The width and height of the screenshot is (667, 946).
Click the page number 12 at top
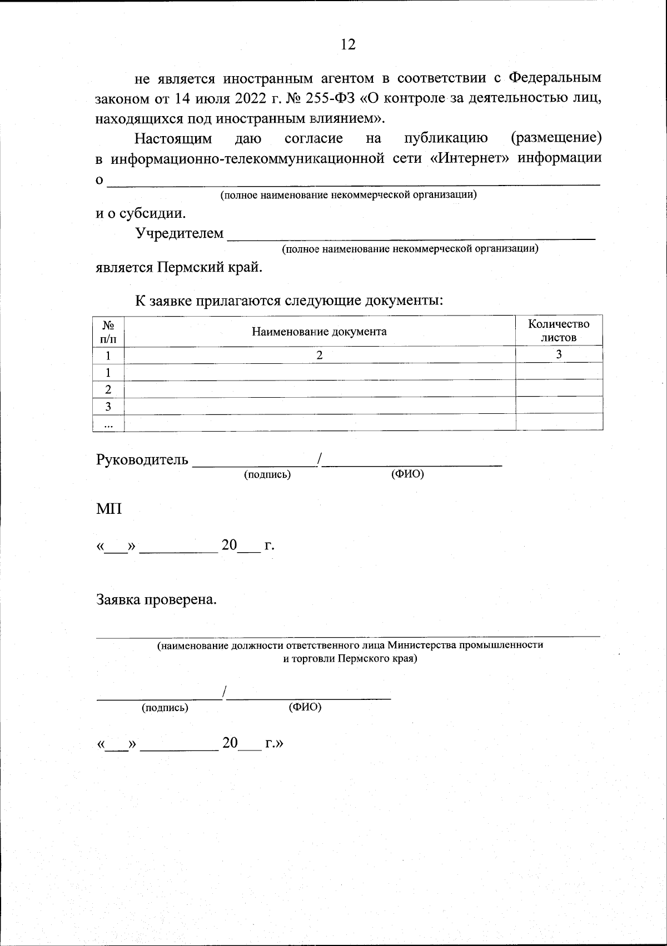point(348,45)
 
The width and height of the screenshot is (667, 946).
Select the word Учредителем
point(180,233)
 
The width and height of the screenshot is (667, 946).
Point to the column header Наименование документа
point(319,332)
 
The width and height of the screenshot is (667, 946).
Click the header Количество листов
point(559,331)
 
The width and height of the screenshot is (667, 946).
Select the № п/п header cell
point(108,332)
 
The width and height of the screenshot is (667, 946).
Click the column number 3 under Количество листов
point(559,354)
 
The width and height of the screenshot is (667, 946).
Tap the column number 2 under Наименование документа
point(319,355)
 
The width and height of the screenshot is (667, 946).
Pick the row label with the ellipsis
point(108,423)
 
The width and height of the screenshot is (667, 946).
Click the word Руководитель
point(143,461)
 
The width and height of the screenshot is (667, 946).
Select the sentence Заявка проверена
point(156,600)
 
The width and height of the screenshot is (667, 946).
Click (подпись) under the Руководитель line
point(267,475)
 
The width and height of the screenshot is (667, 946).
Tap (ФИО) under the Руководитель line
point(407,474)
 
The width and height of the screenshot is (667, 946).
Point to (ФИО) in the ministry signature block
point(305,708)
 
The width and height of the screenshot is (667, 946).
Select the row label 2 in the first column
point(108,389)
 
